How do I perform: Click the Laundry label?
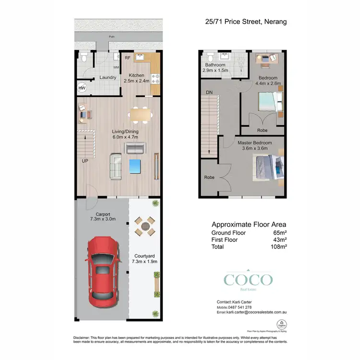(108, 77)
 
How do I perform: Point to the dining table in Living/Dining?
(140, 114)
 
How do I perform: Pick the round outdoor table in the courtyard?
(144, 226)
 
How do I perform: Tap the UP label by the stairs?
(84, 161)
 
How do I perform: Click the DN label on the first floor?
(209, 92)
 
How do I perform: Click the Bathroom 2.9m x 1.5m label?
(215, 68)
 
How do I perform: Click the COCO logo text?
(248, 280)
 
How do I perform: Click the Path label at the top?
(111, 36)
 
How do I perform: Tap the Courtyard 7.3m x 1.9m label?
(144, 259)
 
